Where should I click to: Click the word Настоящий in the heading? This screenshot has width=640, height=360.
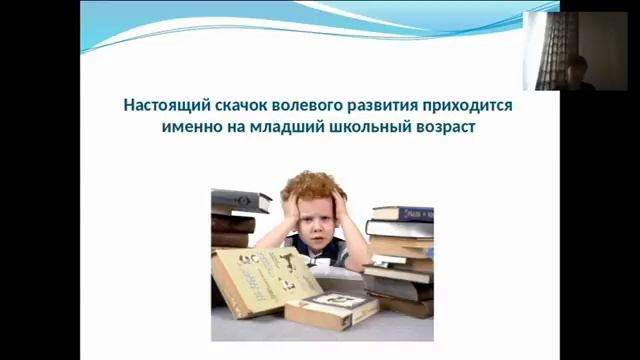(158, 104)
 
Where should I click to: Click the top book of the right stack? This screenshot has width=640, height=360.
(402, 212)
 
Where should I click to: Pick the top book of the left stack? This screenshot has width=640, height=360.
(240, 199)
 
